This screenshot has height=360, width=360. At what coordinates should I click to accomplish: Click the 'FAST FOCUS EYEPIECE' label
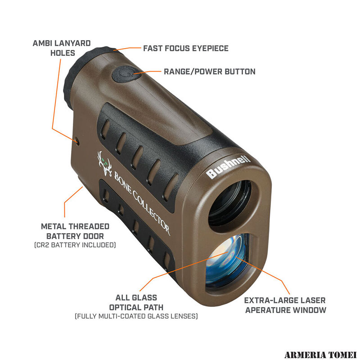coord(186,49)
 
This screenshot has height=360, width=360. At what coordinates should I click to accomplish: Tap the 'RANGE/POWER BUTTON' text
coord(210,72)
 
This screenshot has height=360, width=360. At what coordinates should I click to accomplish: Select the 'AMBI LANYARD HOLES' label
coord(62,48)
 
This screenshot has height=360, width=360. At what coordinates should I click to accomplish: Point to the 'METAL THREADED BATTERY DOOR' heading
coord(75,231)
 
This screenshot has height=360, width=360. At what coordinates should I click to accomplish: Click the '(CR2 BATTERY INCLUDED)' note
coord(75,245)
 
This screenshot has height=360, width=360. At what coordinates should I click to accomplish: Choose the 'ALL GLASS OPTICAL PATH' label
coord(136,302)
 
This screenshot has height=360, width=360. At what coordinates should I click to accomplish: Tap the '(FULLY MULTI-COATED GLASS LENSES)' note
coord(136,316)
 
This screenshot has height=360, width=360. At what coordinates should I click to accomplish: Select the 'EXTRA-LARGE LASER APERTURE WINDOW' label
coord(285,305)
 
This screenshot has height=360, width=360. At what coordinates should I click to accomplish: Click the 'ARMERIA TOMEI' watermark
coord(320,355)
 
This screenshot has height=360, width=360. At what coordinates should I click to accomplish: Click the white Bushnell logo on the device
coord(228,166)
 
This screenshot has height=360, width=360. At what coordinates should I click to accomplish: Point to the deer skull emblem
coord(105,163)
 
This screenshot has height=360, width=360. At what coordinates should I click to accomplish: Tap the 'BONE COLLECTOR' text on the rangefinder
coord(142,203)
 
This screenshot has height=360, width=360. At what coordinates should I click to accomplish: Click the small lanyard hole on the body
coord(77,141)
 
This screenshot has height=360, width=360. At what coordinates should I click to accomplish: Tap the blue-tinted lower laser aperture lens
coord(226,261)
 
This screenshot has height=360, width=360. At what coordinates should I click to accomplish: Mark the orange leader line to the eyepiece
coord(127,49)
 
